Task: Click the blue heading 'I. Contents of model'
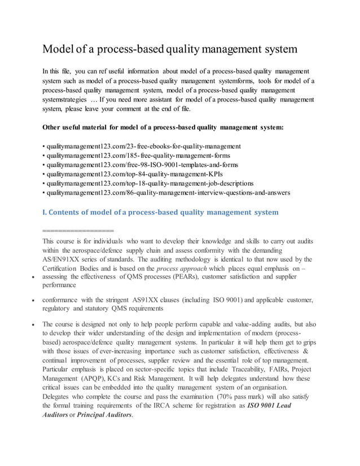coord(160,213)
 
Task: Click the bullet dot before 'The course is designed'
coord(34,326)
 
